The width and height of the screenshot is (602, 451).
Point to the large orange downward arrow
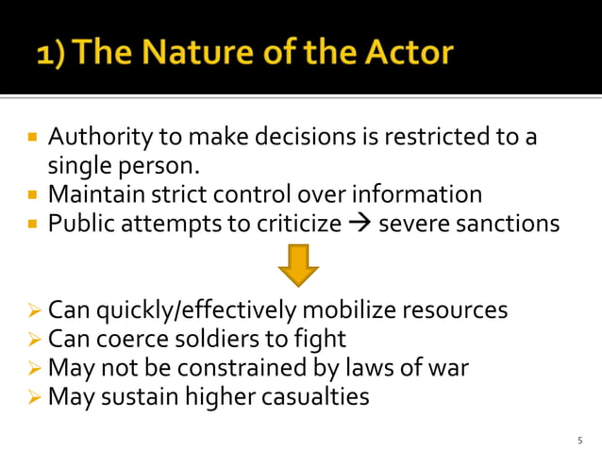coord(298,266)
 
